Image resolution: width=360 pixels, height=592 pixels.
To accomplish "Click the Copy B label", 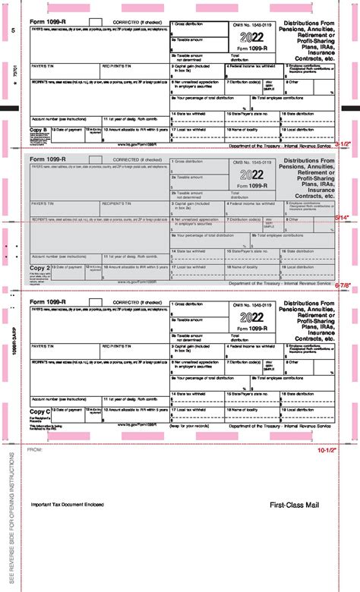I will pyautogui.click(x=40, y=131).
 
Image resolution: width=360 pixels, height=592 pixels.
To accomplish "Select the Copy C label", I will pyautogui.click(x=40, y=411).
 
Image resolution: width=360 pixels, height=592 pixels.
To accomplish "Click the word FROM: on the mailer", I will pyautogui.click(x=36, y=450).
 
